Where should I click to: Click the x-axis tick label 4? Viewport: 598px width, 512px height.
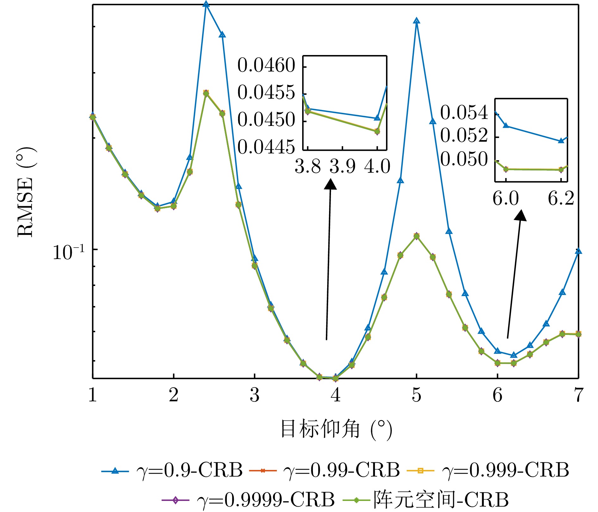click(335, 395)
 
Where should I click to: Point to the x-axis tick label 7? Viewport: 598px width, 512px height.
click(578, 395)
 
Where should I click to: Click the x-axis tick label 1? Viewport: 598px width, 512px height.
click(92, 395)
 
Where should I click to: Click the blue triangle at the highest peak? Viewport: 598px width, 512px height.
click(206, 4)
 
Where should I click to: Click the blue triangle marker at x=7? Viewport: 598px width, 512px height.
click(578, 251)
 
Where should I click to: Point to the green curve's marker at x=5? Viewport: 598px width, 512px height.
click(416, 236)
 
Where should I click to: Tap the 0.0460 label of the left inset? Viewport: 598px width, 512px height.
click(266, 65)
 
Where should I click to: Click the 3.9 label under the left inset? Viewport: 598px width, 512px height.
click(342, 166)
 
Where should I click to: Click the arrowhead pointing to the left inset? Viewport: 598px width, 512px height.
click(331, 184)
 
